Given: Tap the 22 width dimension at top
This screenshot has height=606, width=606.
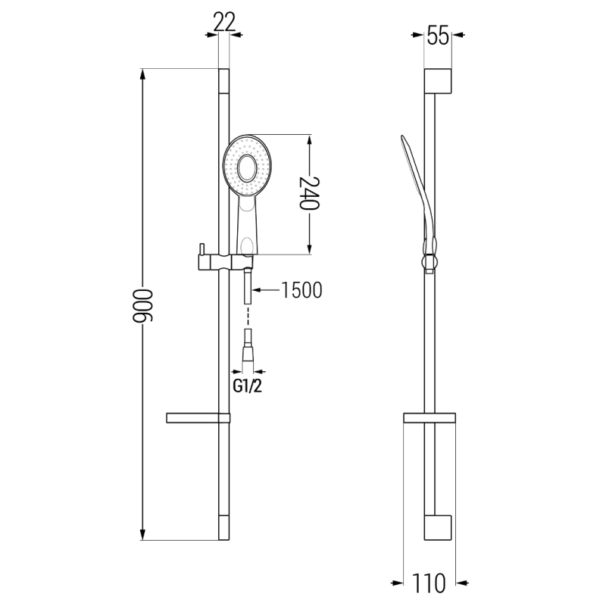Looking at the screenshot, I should point(223,23).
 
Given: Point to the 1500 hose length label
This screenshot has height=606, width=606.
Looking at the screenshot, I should point(301,289).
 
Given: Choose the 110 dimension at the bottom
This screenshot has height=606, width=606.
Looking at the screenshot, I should point(429,583).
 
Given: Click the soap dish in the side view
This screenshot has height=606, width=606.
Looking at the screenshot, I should point(430,417).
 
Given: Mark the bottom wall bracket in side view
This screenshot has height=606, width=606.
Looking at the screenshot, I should point(439,527).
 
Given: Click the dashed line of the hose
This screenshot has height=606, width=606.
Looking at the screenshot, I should point(247,317).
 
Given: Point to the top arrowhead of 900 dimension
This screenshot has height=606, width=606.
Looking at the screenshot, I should point(143,74).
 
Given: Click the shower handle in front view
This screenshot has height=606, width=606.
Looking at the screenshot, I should point(247,227).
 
